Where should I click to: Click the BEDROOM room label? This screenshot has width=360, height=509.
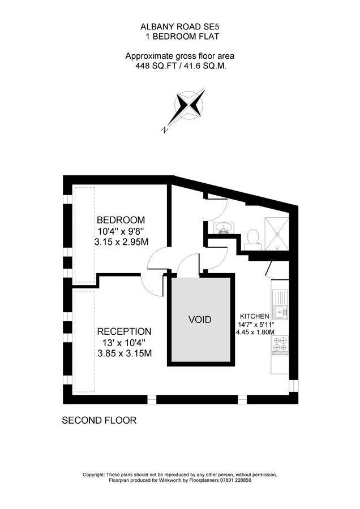(x=121, y=220)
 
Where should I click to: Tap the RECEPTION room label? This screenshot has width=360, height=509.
(x=124, y=331)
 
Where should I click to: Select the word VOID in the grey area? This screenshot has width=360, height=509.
(x=200, y=320)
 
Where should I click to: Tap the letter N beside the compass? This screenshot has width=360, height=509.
(x=165, y=130)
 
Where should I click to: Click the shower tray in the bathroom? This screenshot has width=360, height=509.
(x=278, y=234)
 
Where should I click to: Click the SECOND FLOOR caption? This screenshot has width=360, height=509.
(x=99, y=421)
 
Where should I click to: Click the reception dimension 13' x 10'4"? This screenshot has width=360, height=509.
(x=124, y=343)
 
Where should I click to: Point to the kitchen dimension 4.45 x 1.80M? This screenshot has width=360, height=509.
(x=255, y=332)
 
